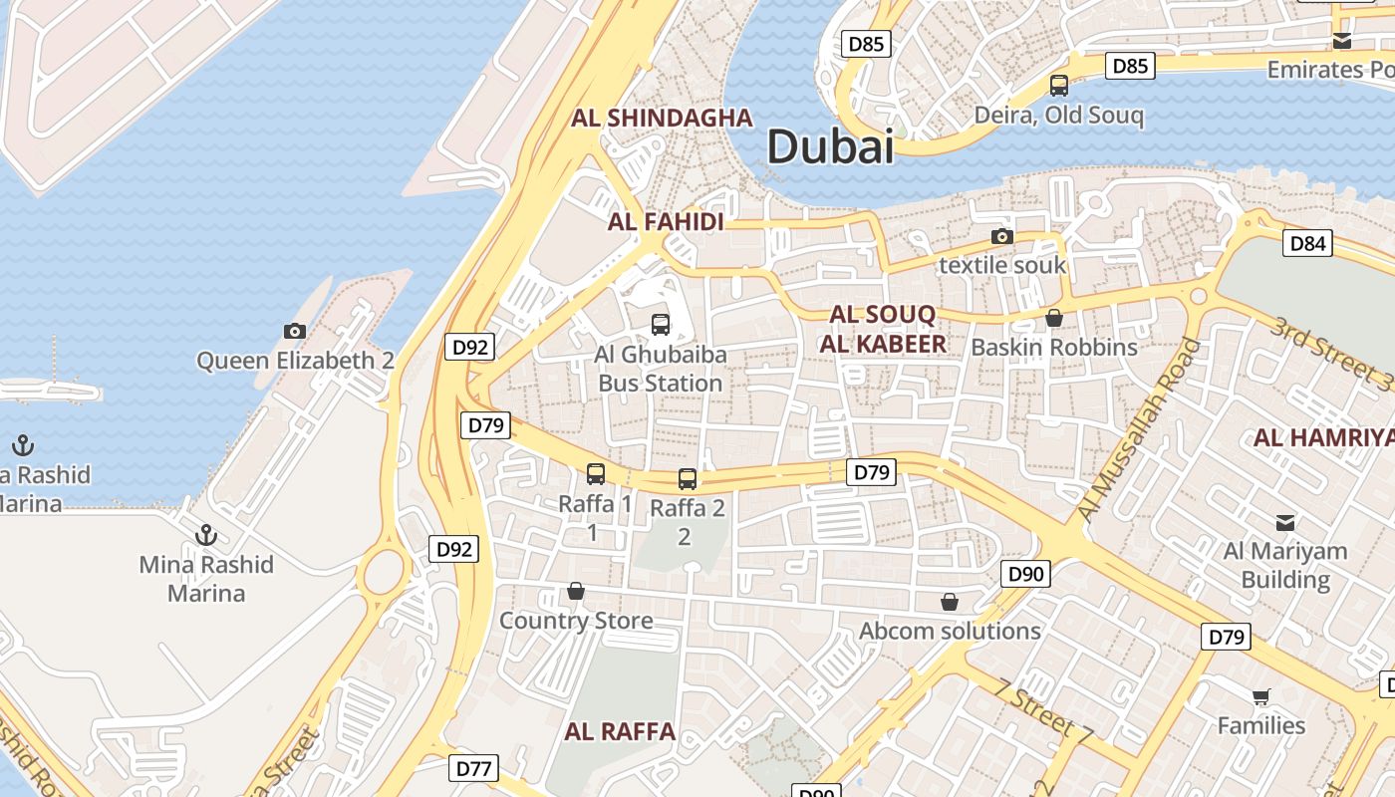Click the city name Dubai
point(830,147)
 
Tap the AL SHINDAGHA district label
point(662,118)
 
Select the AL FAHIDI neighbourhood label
point(666,222)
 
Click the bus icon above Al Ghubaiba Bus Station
point(660,324)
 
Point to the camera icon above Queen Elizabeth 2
point(295,331)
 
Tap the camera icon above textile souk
point(1001,236)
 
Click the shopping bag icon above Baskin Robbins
point(1053,318)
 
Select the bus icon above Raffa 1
point(595,474)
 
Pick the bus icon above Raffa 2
point(687,479)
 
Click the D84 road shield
point(1307,243)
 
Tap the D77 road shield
point(473,768)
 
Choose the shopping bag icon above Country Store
point(575,591)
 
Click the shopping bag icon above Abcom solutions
point(950,602)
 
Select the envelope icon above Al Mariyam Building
point(1285,522)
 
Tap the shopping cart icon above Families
point(1260,696)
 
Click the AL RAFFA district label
point(620,732)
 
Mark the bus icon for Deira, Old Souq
point(1058,86)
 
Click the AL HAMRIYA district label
point(1323,437)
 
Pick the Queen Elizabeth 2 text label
point(295,361)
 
